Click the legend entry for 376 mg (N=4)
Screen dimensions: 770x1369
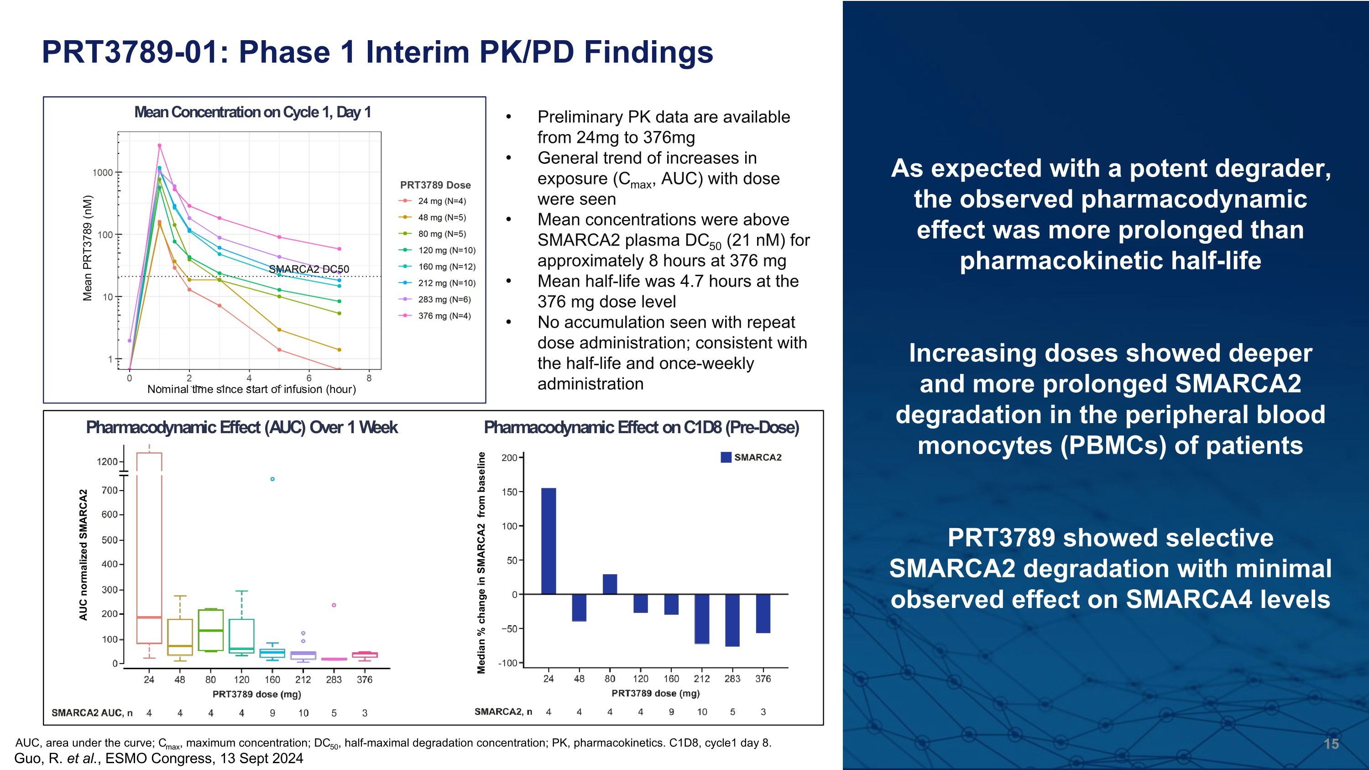pyautogui.click(x=444, y=316)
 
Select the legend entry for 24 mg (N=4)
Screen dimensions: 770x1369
pyautogui.click(x=441, y=201)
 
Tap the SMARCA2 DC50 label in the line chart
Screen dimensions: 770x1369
pyautogui.click(x=309, y=269)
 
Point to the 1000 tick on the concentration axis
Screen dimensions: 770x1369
pyautogui.click(x=103, y=173)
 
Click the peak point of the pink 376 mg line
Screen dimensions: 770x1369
pyautogui.click(x=159, y=146)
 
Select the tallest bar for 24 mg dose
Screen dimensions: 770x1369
pyautogui.click(x=549, y=540)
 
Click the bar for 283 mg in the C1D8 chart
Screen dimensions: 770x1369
pyautogui.click(x=732, y=620)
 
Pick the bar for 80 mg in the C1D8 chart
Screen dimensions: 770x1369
pyautogui.click(x=610, y=584)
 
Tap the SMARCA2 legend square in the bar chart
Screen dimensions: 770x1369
pyautogui.click(x=726, y=457)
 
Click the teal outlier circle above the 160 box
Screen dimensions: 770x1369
pyautogui.click(x=272, y=479)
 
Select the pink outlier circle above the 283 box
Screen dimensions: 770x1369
pyautogui.click(x=334, y=605)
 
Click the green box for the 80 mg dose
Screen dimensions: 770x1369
pyautogui.click(x=210, y=630)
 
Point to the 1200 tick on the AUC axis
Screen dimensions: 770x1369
pyautogui.click(x=107, y=462)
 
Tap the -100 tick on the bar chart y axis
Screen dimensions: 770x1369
pyautogui.click(x=507, y=663)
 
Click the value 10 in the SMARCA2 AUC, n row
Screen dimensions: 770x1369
pyautogui.click(x=303, y=713)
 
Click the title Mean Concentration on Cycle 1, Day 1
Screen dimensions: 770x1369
pyautogui.click(x=252, y=113)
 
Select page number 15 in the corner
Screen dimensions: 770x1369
pyautogui.click(x=1331, y=744)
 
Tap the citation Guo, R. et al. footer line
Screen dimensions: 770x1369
pyautogui.click(x=158, y=758)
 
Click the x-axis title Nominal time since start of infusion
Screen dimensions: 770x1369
pyautogui.click(x=251, y=389)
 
